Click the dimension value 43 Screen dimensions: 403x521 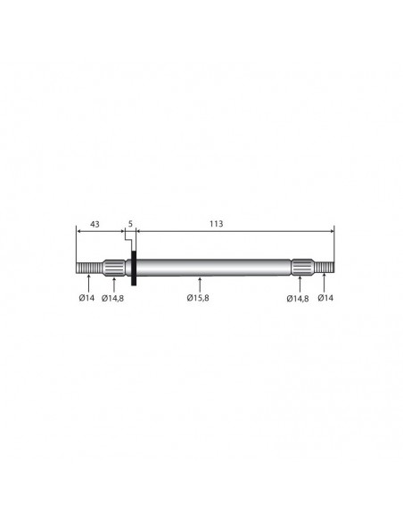tap(95, 224)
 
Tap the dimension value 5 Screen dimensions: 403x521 tap(130, 224)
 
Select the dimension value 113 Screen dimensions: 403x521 tap(217, 224)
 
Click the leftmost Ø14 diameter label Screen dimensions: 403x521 tap(86, 298)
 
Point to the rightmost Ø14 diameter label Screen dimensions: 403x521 tap(325, 298)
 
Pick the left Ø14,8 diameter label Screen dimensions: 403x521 tap(113, 298)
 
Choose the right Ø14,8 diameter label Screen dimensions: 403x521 tap(298, 299)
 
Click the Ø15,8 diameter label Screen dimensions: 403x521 tap(198, 298)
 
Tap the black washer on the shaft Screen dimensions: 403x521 tap(134, 269)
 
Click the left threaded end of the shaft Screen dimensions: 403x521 tap(89, 268)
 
